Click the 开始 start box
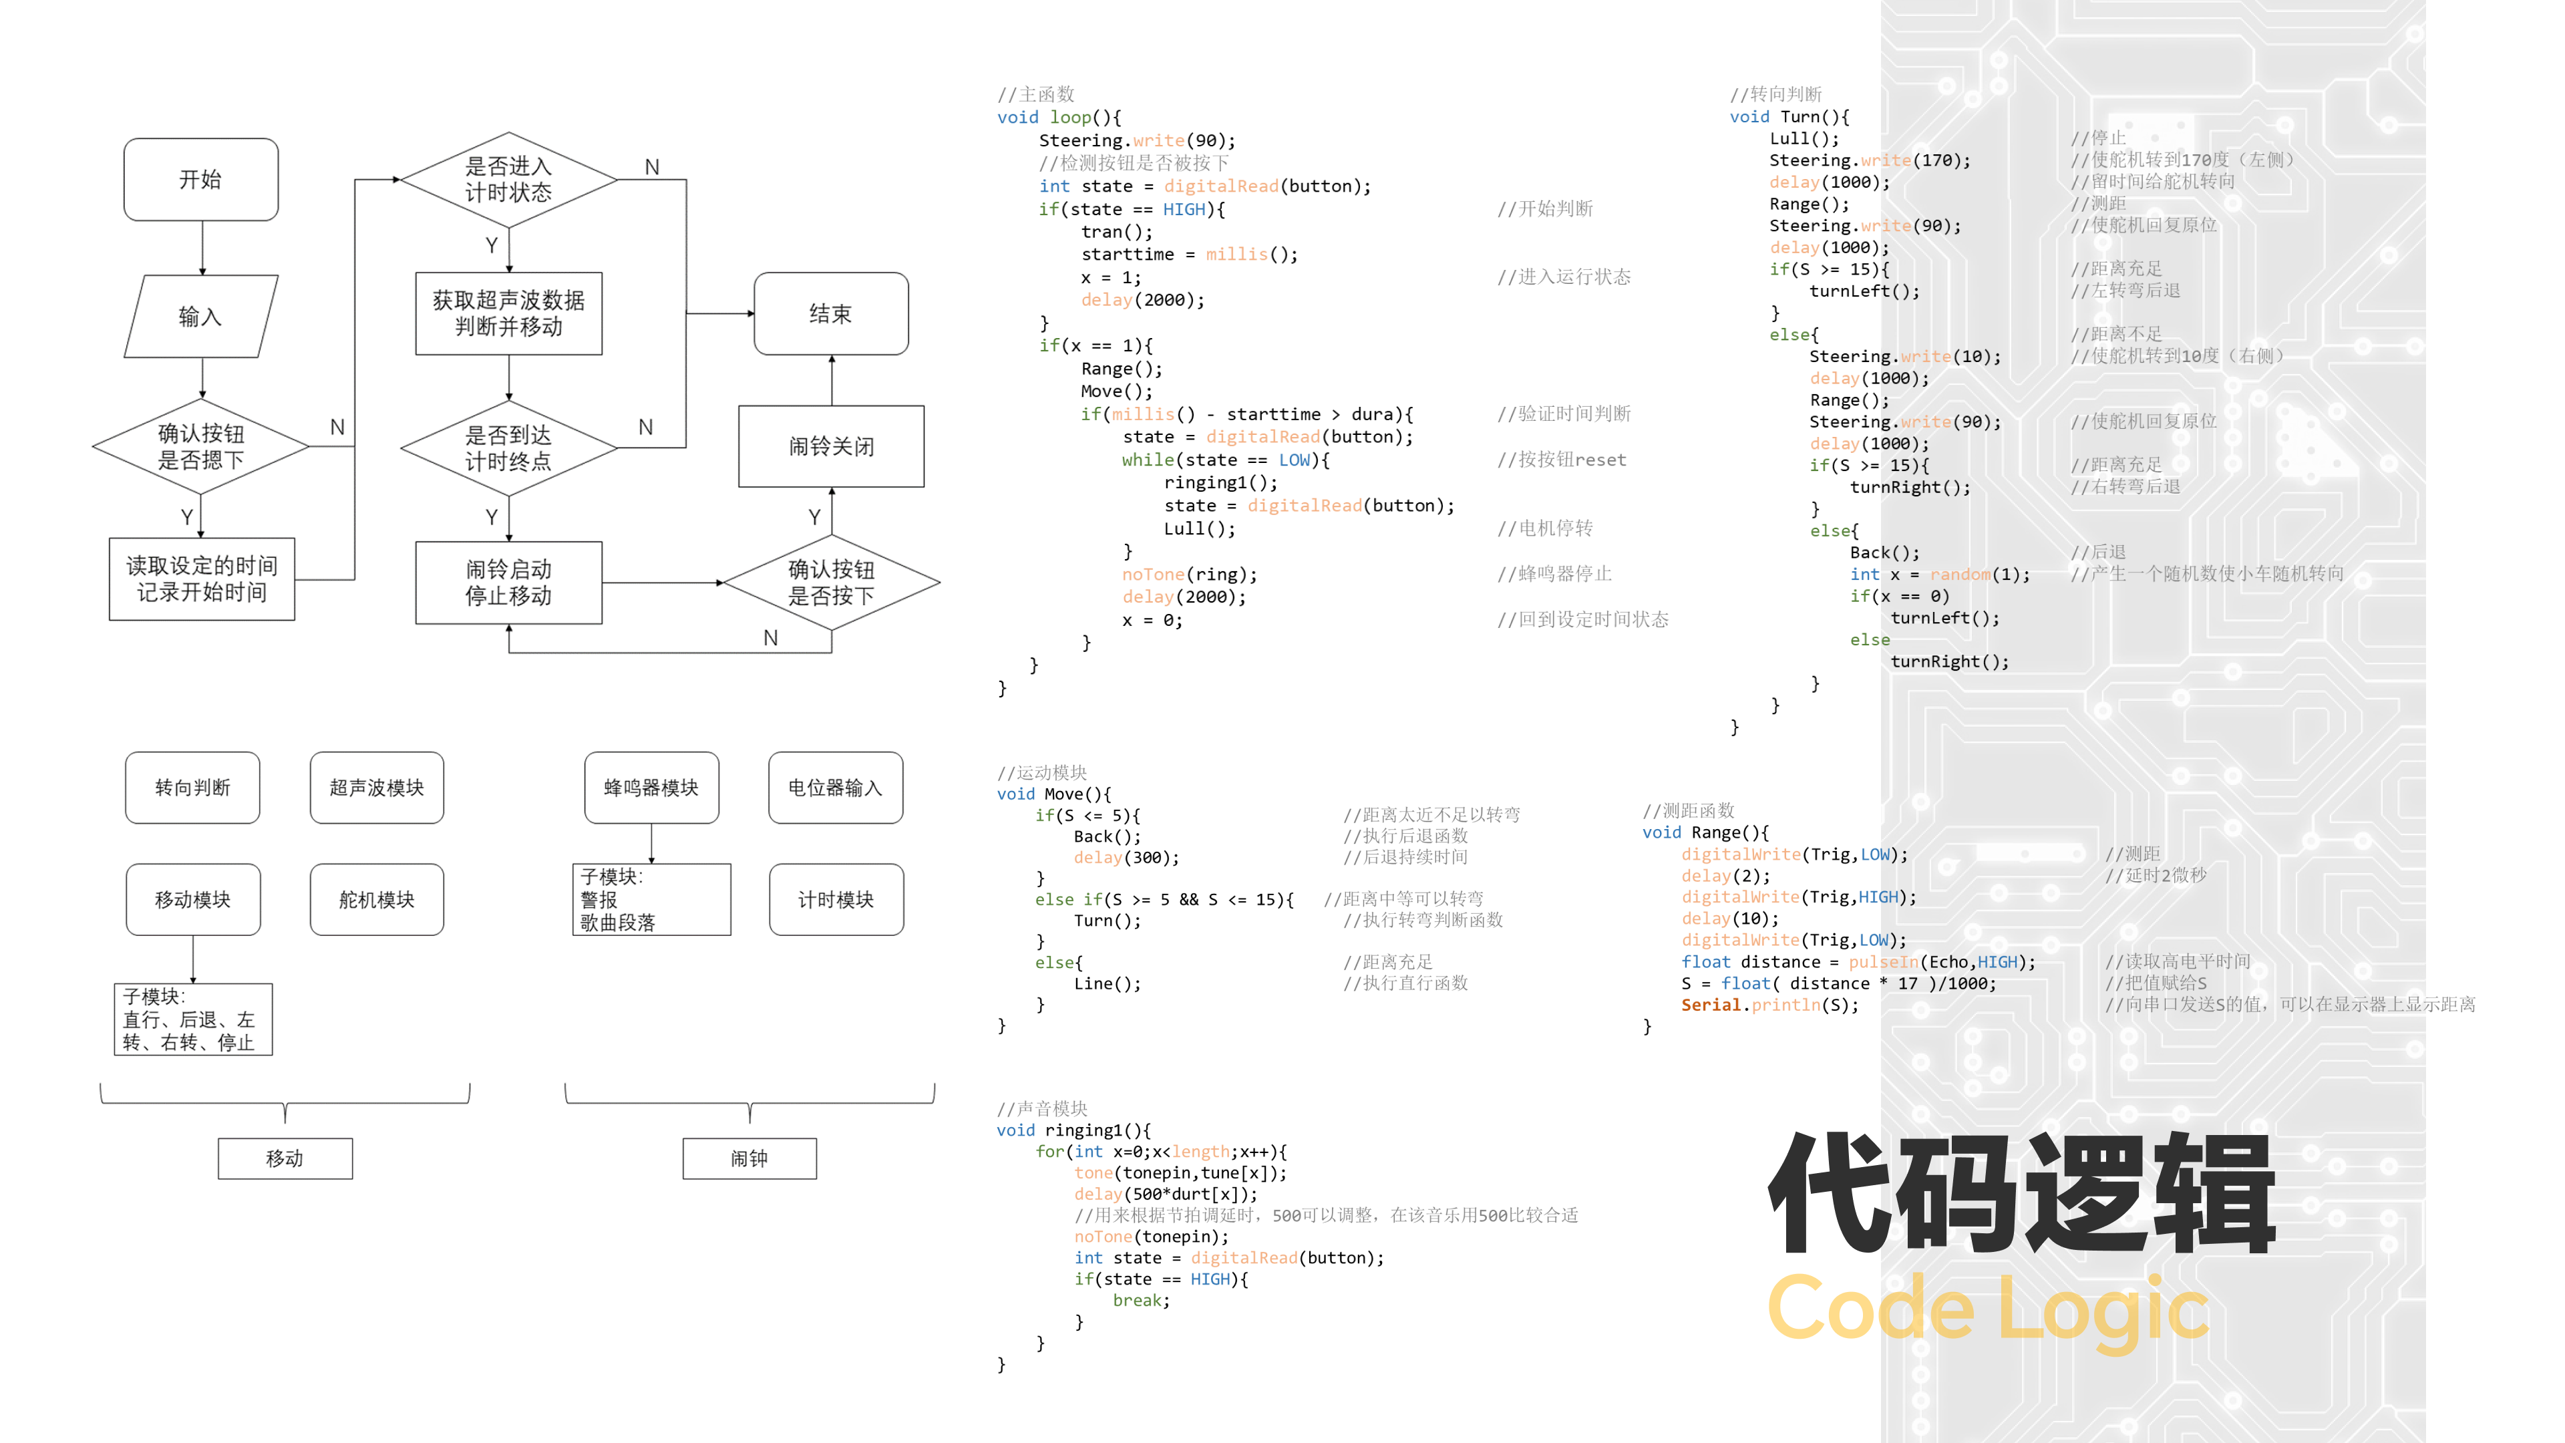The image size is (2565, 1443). click(200, 179)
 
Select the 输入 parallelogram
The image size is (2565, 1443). click(200, 317)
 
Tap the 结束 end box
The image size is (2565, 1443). click(830, 314)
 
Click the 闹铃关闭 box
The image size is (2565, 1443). click(830, 446)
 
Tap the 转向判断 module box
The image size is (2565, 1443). click(192, 788)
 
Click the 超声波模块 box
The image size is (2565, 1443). click(376, 788)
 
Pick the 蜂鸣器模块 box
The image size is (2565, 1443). click(651, 788)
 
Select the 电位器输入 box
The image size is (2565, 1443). click(836, 788)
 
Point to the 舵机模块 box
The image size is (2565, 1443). click(376, 899)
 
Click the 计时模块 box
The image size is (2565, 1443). click(836, 899)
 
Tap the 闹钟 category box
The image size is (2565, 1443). click(749, 1158)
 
